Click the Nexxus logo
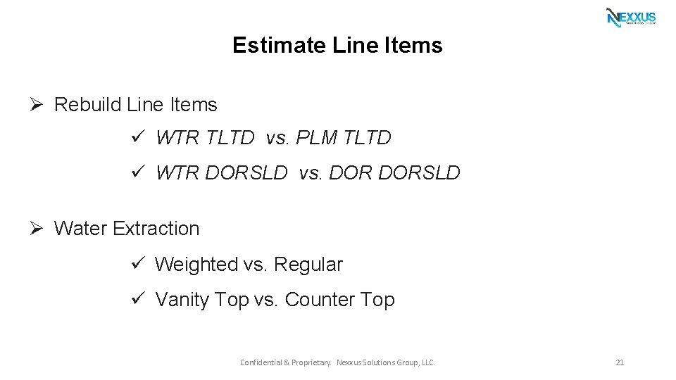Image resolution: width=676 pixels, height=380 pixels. pyautogui.click(x=631, y=17)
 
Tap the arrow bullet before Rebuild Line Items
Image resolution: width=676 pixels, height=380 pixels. pyautogui.click(x=38, y=104)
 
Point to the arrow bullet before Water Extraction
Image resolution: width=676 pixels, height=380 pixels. pyautogui.click(x=38, y=228)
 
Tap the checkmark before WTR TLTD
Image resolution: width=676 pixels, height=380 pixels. pyautogui.click(x=138, y=137)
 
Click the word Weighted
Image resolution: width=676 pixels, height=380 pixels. pyautogui.click(x=196, y=265)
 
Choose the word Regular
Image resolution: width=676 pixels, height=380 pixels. pyautogui.click(x=308, y=265)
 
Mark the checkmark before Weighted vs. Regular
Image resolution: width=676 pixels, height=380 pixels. pyautogui.click(x=138, y=264)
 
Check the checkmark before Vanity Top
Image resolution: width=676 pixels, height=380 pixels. pyautogui.click(x=138, y=299)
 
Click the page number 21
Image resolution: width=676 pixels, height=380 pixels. pyautogui.click(x=620, y=362)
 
